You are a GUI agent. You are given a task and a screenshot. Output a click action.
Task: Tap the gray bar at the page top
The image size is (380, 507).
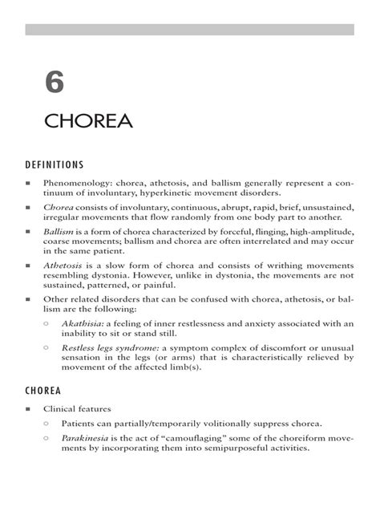click(190, 30)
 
